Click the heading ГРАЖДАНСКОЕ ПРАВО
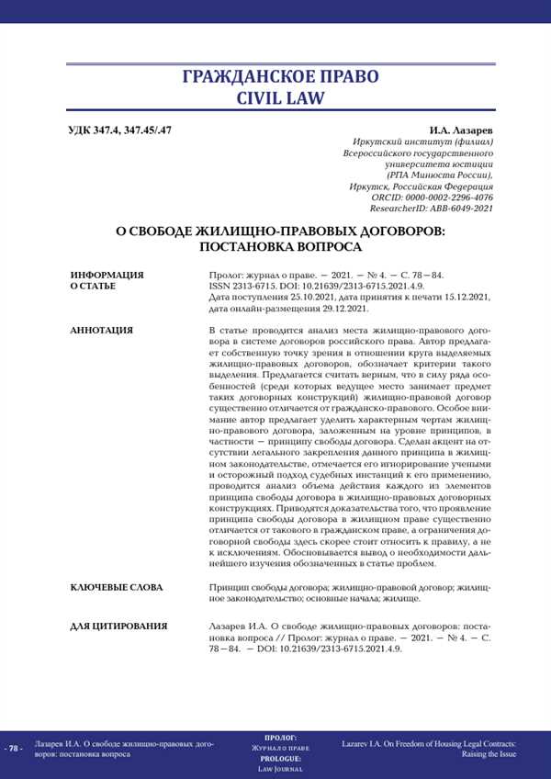pos(275,75)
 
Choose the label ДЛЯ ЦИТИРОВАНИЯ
pos(118,626)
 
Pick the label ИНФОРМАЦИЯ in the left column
pos(107,275)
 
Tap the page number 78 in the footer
pos(13,748)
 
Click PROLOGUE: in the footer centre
pos(279,759)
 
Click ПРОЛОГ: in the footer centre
pos(279,738)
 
